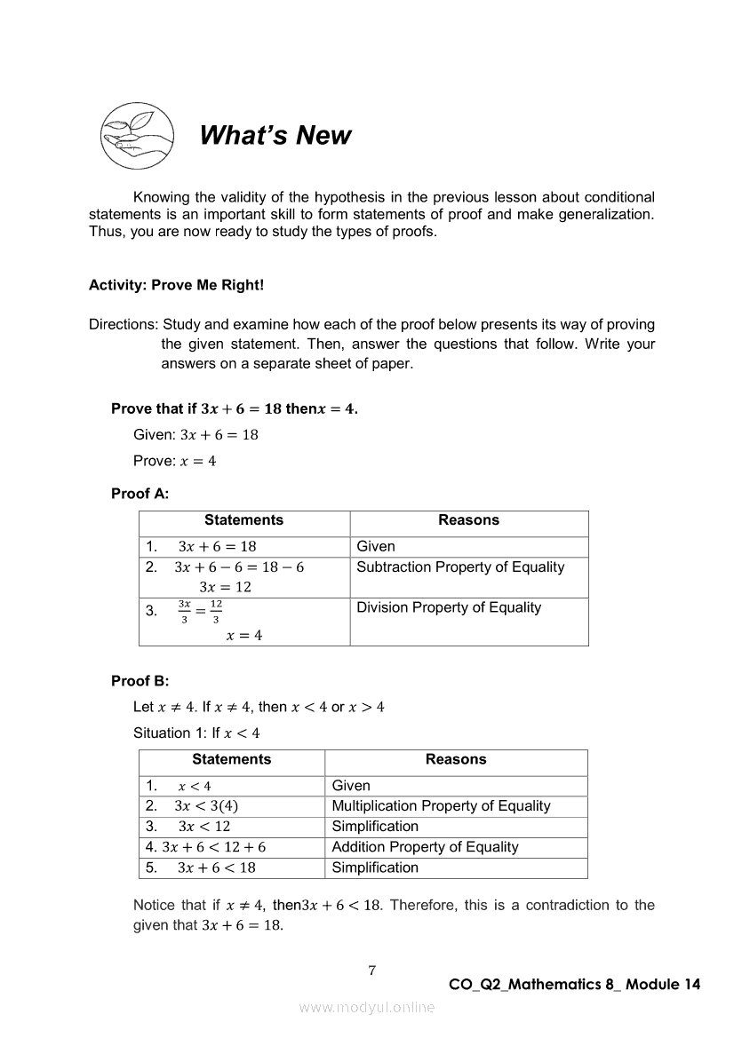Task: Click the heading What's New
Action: [x=275, y=135]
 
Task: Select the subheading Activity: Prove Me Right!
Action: [x=176, y=286]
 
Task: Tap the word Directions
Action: [x=123, y=324]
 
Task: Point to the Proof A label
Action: [x=140, y=494]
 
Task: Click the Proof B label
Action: [x=140, y=681]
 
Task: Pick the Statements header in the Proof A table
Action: [x=243, y=520]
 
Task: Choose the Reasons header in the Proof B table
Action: [x=456, y=759]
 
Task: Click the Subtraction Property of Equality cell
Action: [x=459, y=567]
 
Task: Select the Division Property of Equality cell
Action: [x=448, y=608]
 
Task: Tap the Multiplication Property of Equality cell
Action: [x=441, y=806]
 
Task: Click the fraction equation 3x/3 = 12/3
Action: [x=200, y=610]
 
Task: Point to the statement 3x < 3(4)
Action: [x=206, y=806]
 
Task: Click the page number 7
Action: [x=372, y=971]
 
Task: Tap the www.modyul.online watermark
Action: [x=367, y=1007]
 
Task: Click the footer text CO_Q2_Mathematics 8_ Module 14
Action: [x=575, y=984]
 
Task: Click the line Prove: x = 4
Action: [x=174, y=461]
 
